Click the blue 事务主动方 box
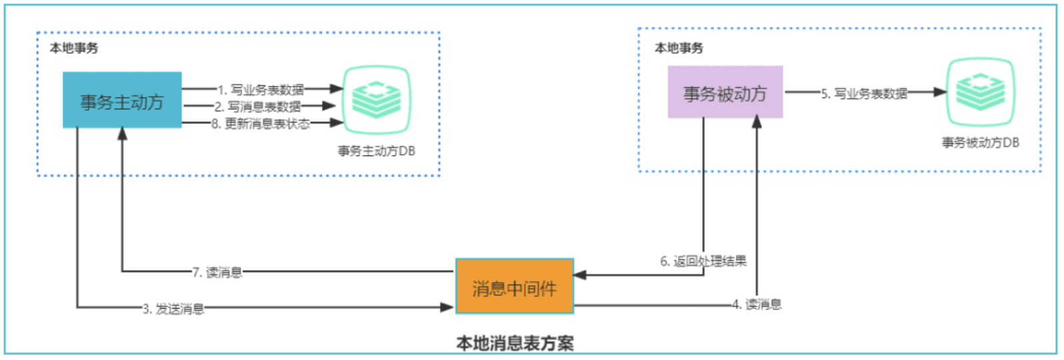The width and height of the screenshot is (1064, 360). (122, 100)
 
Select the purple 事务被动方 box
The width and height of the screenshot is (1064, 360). (725, 92)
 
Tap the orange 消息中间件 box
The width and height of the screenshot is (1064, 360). (514, 287)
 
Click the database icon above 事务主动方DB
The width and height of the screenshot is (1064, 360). (377, 100)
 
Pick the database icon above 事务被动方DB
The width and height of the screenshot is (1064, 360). (980, 92)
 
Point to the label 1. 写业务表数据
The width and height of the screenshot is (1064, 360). (261, 89)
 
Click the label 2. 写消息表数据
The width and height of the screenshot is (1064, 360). (257, 106)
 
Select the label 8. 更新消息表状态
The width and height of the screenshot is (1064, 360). (261, 123)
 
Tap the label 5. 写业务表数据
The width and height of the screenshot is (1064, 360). (864, 93)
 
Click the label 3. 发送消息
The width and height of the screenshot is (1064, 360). (173, 309)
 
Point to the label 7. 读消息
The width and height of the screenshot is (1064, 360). (217, 272)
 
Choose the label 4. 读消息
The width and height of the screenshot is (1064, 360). (757, 305)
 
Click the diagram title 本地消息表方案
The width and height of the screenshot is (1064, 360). (515, 343)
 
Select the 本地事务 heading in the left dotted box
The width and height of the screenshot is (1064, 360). (74, 48)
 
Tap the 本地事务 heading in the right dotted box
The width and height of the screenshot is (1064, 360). (679, 48)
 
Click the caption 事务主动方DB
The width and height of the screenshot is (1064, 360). (377, 151)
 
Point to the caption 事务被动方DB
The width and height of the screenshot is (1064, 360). (980, 143)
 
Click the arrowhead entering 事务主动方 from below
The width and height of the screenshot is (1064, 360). (122, 133)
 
